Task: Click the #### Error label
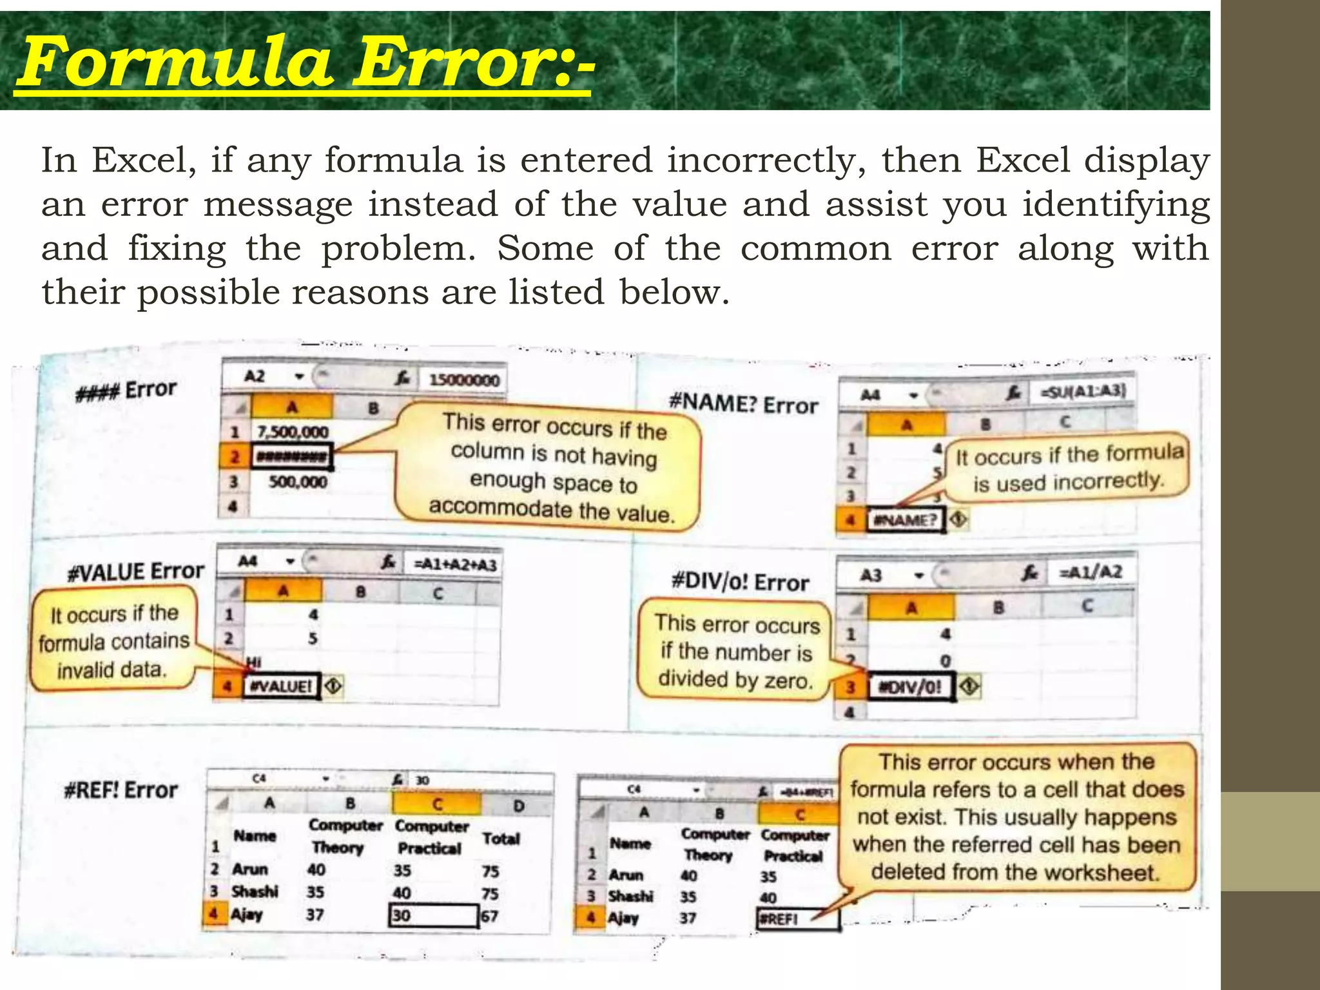coord(126,391)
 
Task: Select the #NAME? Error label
coord(743,404)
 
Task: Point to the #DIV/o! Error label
coord(739,582)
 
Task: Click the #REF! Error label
coord(121,790)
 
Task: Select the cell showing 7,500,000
coord(293,432)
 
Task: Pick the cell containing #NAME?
coord(905,520)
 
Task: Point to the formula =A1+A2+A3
coord(455,565)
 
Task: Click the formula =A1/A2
coord(1091,572)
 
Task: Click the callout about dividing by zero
coord(735,652)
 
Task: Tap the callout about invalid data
coord(113,642)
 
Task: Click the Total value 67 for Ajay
coord(490,916)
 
